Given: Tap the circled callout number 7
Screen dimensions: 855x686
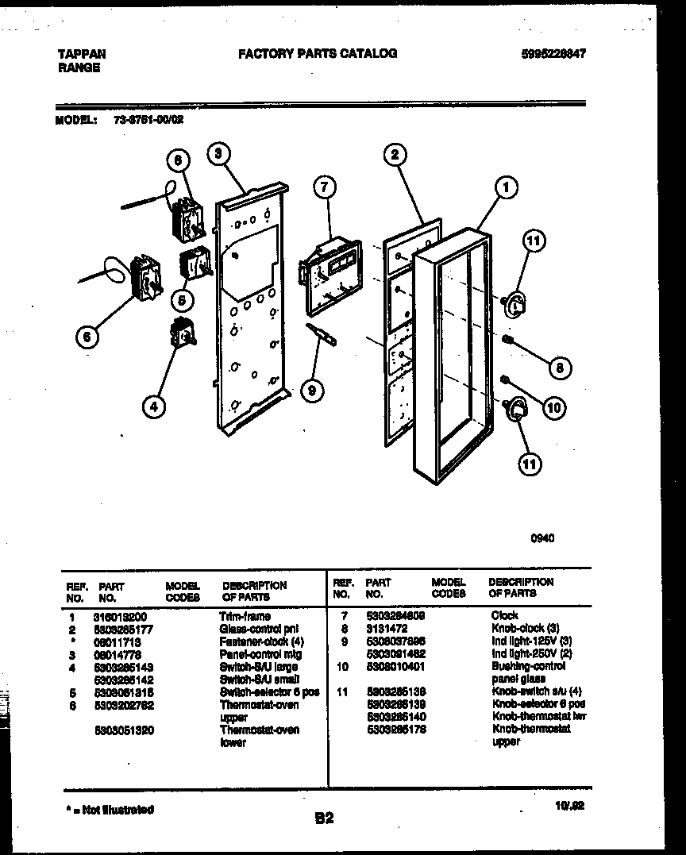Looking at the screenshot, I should [323, 187].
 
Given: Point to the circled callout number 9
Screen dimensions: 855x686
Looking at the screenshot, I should [313, 389].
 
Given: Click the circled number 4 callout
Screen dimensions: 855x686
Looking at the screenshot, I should [154, 407].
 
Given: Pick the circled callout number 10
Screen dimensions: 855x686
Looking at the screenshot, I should [553, 408].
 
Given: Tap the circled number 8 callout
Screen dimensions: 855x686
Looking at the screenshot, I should [559, 368].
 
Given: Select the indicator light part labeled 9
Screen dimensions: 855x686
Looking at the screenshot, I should [322, 334].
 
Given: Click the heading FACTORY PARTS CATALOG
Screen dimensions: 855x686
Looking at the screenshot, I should [318, 54].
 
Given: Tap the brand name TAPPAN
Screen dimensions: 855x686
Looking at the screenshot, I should [82, 54].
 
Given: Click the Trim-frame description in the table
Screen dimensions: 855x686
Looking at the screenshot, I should [245, 615].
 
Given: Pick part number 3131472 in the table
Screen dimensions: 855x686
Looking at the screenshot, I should [387, 627].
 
